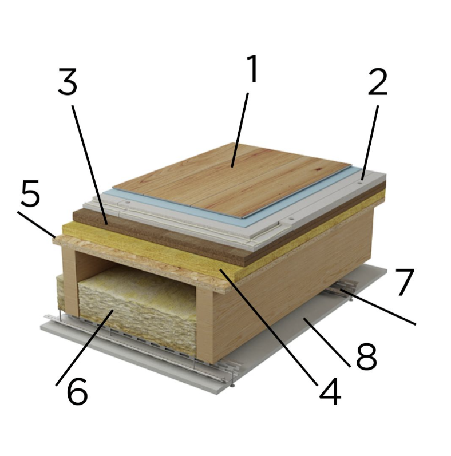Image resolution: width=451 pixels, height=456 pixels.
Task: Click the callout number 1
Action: pyautogui.click(x=252, y=69)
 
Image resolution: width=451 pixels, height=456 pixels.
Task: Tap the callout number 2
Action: pyautogui.click(x=377, y=81)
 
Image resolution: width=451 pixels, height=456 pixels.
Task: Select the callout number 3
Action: pyautogui.click(x=68, y=81)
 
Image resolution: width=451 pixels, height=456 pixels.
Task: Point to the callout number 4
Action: pyautogui.click(x=330, y=392)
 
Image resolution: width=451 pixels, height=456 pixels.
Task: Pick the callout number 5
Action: pyautogui.click(x=30, y=193)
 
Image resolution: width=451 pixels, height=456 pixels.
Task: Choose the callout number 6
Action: pyautogui.click(x=77, y=392)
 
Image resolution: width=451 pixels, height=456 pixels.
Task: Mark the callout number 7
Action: pyautogui.click(x=405, y=282)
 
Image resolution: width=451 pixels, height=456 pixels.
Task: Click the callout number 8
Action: pyautogui.click(x=366, y=356)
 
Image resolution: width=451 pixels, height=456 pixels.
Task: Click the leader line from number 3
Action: pyautogui.click(x=90, y=165)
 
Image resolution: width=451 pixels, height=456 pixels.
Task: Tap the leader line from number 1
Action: pyautogui.click(x=240, y=130)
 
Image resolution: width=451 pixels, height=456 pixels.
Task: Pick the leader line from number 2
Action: pyautogui.click(x=370, y=142)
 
